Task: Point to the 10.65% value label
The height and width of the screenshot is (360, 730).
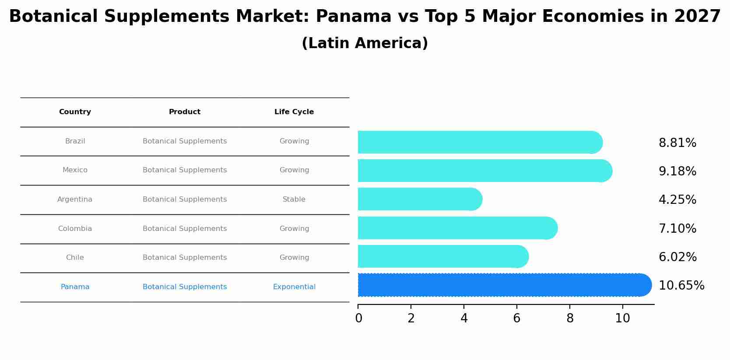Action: pos(681,286)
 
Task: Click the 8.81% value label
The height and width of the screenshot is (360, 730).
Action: pos(677,143)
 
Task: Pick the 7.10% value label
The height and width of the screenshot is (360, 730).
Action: pos(677,229)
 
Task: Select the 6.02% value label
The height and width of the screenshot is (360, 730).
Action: pos(677,257)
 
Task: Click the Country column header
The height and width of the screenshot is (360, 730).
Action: pos(75,112)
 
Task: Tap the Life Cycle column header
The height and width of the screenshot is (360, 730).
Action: pos(294,112)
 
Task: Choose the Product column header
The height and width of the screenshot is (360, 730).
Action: pos(185,112)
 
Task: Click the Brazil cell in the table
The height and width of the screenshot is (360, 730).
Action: pos(75,141)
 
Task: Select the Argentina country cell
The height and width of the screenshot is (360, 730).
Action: pos(75,199)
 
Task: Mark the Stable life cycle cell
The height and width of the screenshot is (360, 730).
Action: pos(294,199)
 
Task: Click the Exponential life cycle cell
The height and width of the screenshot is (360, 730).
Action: pos(294,287)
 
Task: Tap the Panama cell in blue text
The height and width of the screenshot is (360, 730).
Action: pos(75,287)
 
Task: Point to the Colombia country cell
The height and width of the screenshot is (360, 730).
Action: pos(75,229)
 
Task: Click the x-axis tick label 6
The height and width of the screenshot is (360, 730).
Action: pos(517,318)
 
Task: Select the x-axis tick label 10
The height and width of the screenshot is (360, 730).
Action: pos(622,318)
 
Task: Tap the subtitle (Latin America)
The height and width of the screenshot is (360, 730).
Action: pos(365,43)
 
